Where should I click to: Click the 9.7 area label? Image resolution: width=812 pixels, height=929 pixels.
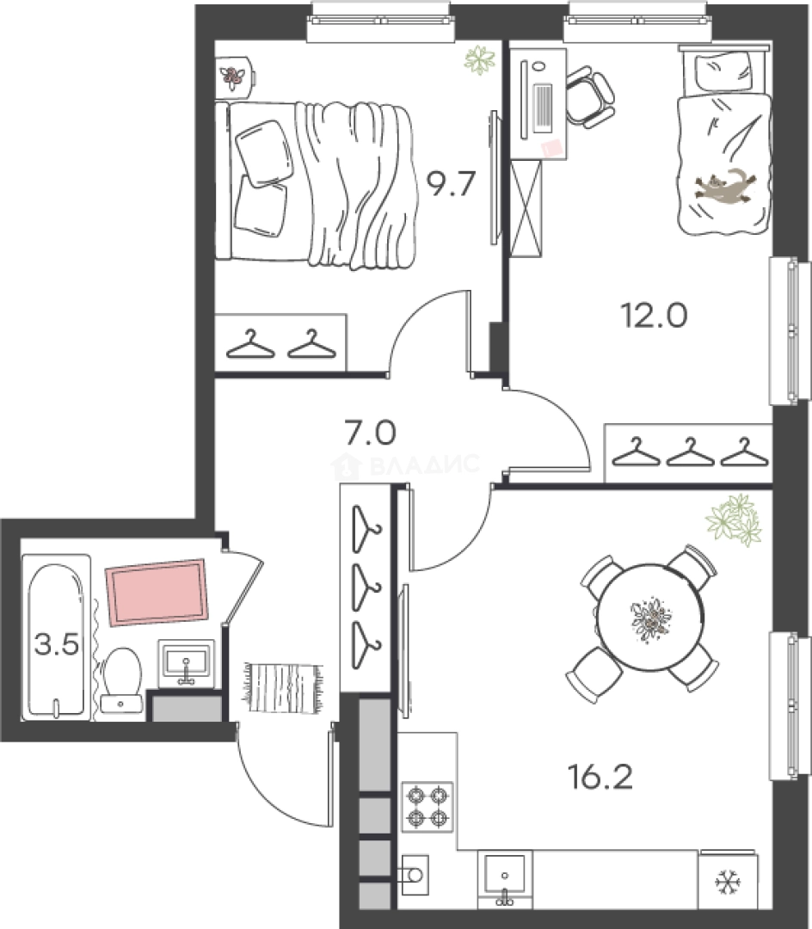452,183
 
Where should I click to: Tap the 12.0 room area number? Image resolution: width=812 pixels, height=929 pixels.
654,315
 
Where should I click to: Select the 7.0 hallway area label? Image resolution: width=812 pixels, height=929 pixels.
371,433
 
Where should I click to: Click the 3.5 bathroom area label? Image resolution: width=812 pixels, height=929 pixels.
57,644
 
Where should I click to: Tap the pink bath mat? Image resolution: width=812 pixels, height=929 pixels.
157,593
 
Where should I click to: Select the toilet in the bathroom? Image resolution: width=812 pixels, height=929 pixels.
121,679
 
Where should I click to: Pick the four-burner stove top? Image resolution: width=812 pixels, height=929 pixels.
428,806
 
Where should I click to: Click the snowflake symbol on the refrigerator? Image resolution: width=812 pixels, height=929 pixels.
728,883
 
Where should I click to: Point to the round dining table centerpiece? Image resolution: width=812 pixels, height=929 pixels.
649,618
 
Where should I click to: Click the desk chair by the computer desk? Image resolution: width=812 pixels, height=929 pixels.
589,96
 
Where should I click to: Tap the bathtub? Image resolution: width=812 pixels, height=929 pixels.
56,637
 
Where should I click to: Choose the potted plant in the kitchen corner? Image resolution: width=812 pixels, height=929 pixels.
734,520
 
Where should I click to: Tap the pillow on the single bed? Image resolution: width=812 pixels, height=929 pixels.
723,73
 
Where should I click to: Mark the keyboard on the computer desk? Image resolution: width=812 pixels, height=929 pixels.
543,108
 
